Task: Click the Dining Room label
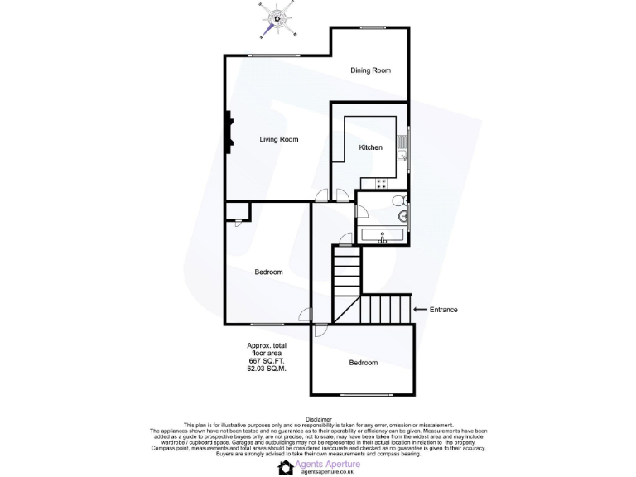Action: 370,70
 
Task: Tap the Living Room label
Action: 278,139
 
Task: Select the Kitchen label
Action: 370,147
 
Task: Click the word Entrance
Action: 443,310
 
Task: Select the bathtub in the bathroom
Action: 382,235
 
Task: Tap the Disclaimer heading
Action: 318,420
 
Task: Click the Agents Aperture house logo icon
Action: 285,467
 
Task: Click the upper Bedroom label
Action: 268,272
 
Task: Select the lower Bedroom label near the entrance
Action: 363,363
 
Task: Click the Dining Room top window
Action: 373,27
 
